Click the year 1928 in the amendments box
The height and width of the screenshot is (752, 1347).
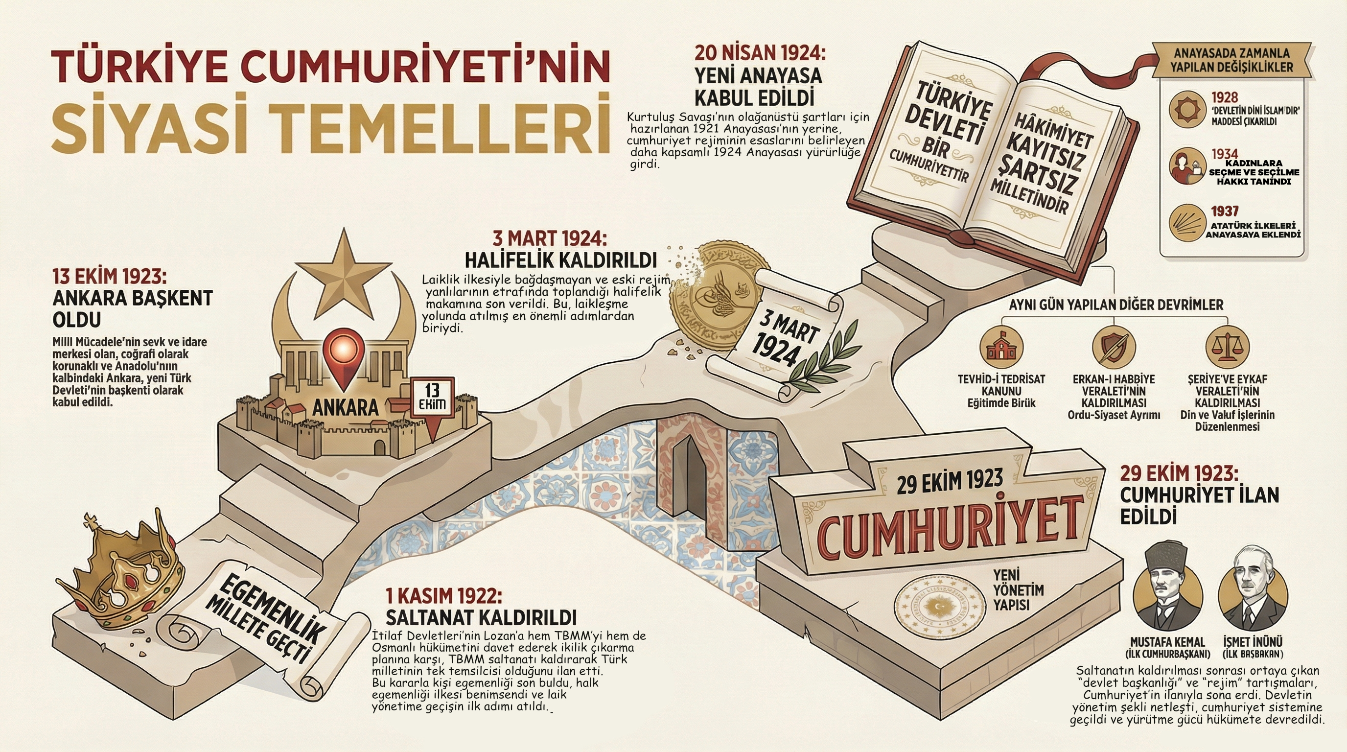1225,97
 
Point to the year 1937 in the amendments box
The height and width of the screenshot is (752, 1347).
1225,211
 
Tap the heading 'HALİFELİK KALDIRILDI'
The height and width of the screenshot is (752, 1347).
560,260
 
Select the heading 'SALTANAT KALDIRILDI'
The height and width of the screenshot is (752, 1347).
481,617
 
